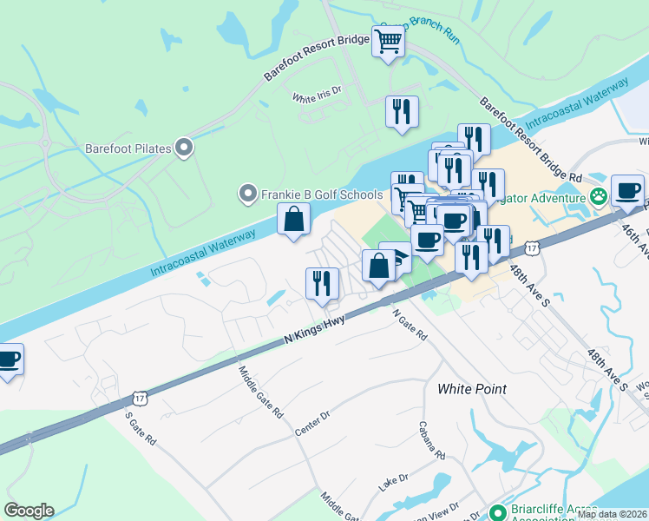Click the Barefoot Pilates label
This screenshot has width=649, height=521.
tap(128, 148)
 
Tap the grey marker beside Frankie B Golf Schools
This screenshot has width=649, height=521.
tap(248, 194)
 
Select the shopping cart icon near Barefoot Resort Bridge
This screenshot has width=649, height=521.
tap(389, 40)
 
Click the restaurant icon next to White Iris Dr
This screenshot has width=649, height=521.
tap(401, 111)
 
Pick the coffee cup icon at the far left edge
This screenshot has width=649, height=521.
tap(9, 359)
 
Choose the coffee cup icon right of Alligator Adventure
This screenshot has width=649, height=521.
tap(627, 190)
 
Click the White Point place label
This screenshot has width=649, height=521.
tap(472, 389)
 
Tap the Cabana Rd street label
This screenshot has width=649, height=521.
tap(431, 441)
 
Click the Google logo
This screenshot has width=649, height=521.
tap(29, 511)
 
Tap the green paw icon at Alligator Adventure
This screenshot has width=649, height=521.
tap(598, 197)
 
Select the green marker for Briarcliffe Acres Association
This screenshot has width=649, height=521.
tap(498, 511)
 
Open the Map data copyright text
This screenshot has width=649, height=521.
tap(613, 514)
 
